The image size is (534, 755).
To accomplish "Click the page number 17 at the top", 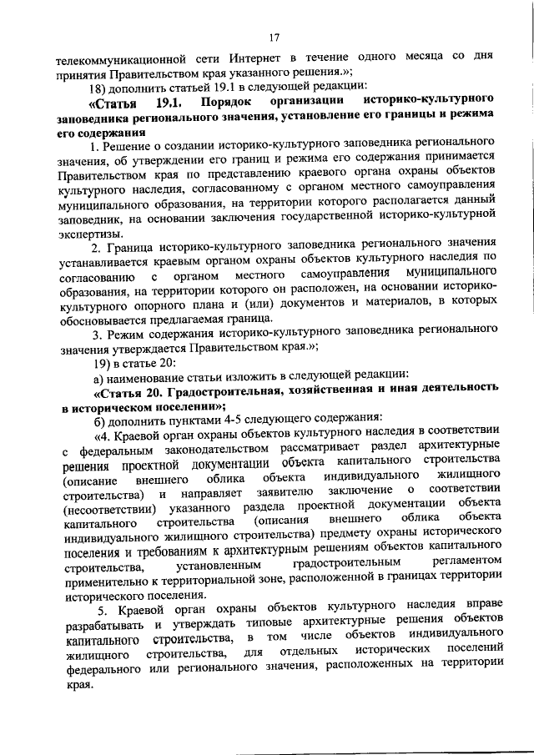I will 274,38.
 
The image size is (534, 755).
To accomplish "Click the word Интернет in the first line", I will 257,60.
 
